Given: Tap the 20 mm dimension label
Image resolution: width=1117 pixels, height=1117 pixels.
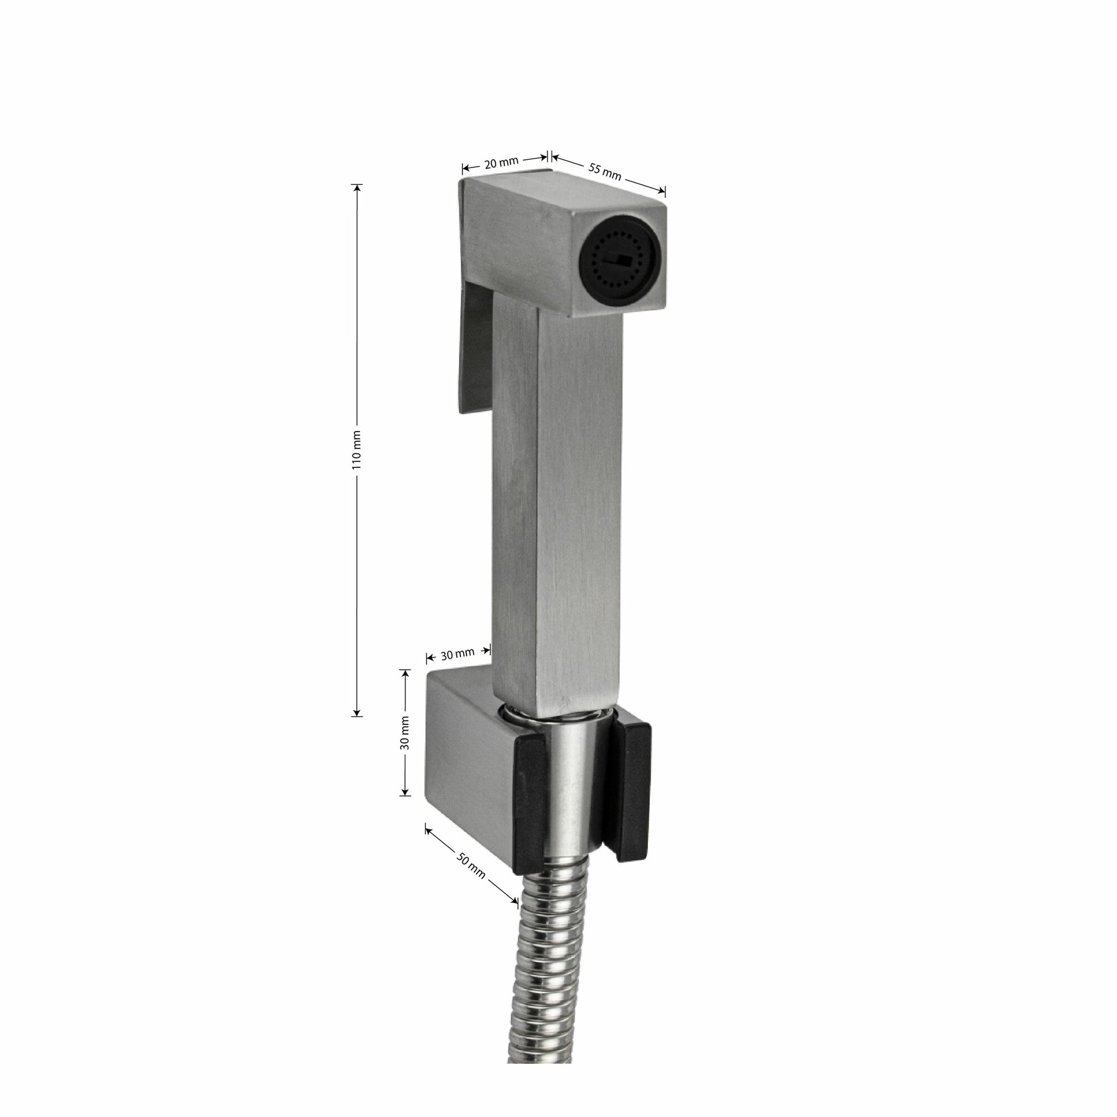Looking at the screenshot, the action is pyautogui.click(x=502, y=163).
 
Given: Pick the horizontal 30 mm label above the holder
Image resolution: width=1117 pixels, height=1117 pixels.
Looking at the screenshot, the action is pyautogui.click(x=457, y=655).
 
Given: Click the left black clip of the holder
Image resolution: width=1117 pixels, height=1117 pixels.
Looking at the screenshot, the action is pyautogui.click(x=528, y=810).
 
